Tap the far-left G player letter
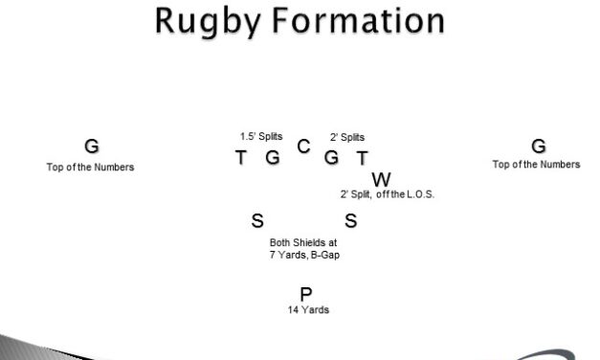pyautogui.click(x=91, y=146)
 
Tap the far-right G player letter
pyautogui.click(x=539, y=146)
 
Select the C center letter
pyautogui.click(x=303, y=146)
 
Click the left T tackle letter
pyautogui.click(x=241, y=158)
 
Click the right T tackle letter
pyautogui.click(x=363, y=158)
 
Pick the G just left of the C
pyautogui.click(x=273, y=158)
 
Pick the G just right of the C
pyautogui.click(x=332, y=158)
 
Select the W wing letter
pyautogui.click(x=381, y=179)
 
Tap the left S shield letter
pyautogui.click(x=256, y=221)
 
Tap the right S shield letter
pyautogui.click(x=350, y=221)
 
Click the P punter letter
pyautogui.click(x=307, y=293)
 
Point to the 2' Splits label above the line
pyautogui.click(x=347, y=137)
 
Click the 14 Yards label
pyautogui.click(x=308, y=310)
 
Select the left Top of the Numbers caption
pyautogui.click(x=90, y=167)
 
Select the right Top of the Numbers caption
pyautogui.click(x=536, y=165)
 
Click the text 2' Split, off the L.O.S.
pyautogui.click(x=381, y=194)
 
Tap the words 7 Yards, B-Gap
pyautogui.click(x=301, y=254)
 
